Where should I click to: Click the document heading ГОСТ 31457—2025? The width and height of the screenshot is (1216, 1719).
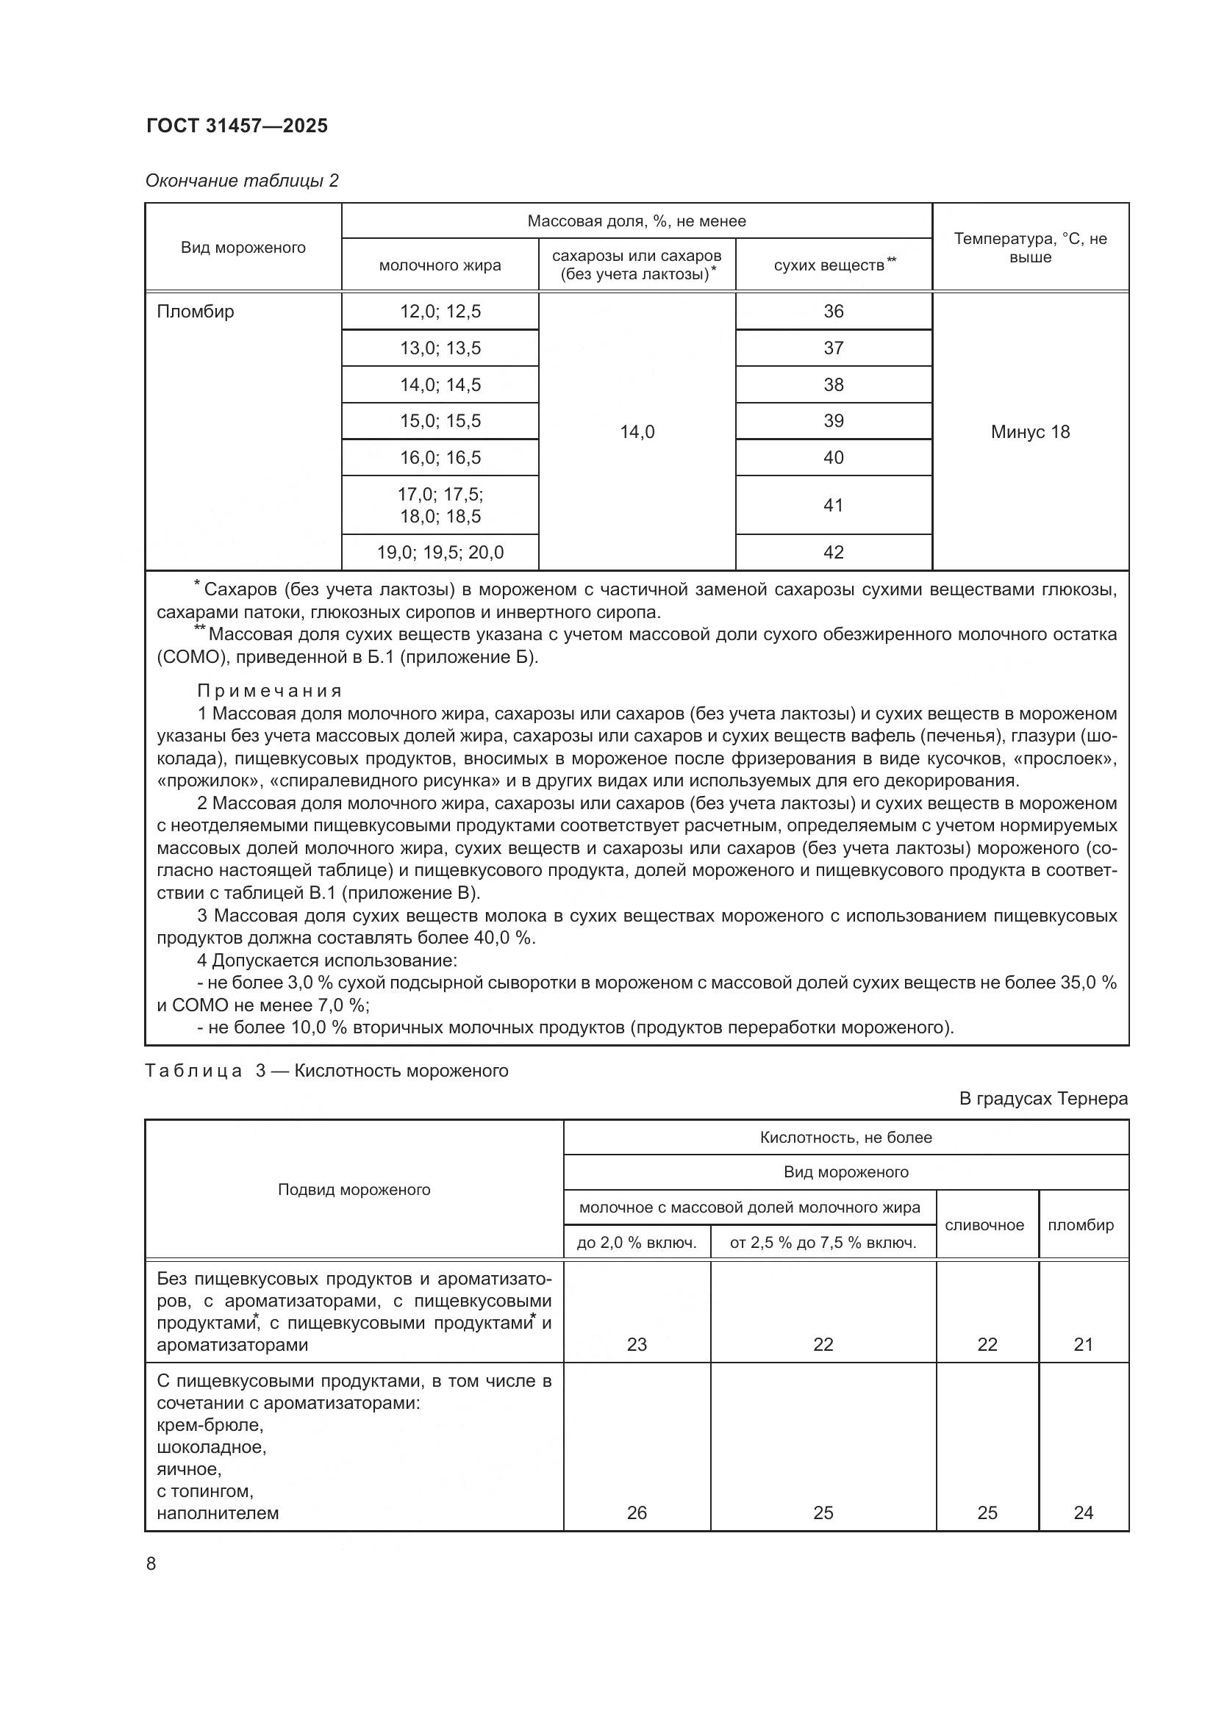pyautogui.click(x=237, y=126)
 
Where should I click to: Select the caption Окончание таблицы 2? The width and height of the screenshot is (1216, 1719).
pyautogui.click(x=242, y=181)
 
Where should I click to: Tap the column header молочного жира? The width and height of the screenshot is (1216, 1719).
pyautogui.click(x=440, y=265)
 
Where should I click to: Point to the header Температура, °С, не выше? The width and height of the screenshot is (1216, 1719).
pyautogui.click(x=1029, y=248)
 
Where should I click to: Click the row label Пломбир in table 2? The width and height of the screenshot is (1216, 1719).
pyautogui.click(x=196, y=312)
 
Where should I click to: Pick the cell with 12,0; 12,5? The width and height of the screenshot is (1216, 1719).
pyautogui.click(x=440, y=312)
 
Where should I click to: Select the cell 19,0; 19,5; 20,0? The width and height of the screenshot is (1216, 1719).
pyautogui.click(x=440, y=553)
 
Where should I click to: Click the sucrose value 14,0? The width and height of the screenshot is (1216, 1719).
pyautogui.click(x=637, y=432)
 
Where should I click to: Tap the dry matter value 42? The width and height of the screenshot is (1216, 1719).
pyautogui.click(x=833, y=553)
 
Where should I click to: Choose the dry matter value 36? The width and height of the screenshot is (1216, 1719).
pyautogui.click(x=833, y=312)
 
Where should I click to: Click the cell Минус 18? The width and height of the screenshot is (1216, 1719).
pyautogui.click(x=1029, y=432)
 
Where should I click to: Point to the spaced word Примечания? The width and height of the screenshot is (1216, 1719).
pyautogui.click(x=270, y=690)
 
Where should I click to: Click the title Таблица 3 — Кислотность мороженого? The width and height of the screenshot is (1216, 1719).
pyautogui.click(x=326, y=1071)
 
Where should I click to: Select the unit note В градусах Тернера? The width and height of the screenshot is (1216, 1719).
pyautogui.click(x=1043, y=1098)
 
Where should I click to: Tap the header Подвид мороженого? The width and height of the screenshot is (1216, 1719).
pyautogui.click(x=354, y=1190)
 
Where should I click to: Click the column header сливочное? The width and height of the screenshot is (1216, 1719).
pyautogui.click(x=984, y=1225)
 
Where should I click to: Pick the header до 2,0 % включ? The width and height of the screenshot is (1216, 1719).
pyautogui.click(x=637, y=1243)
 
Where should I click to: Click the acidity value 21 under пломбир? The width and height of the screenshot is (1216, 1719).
pyautogui.click(x=1083, y=1345)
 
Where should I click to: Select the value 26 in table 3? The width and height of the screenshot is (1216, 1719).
pyautogui.click(x=637, y=1512)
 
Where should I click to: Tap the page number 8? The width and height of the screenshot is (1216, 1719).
pyautogui.click(x=151, y=1563)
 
